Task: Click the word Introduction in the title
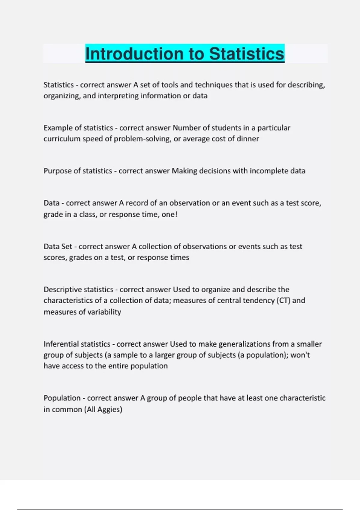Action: (x=134, y=54)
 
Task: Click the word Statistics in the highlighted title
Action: (x=247, y=54)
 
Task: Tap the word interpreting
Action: (x=118, y=96)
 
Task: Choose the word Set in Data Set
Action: (x=66, y=247)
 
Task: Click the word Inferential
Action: (x=61, y=344)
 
